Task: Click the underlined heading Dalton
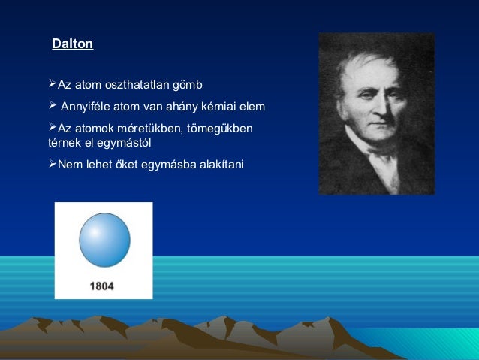pos(72,44)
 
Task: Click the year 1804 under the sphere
pos(102,286)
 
